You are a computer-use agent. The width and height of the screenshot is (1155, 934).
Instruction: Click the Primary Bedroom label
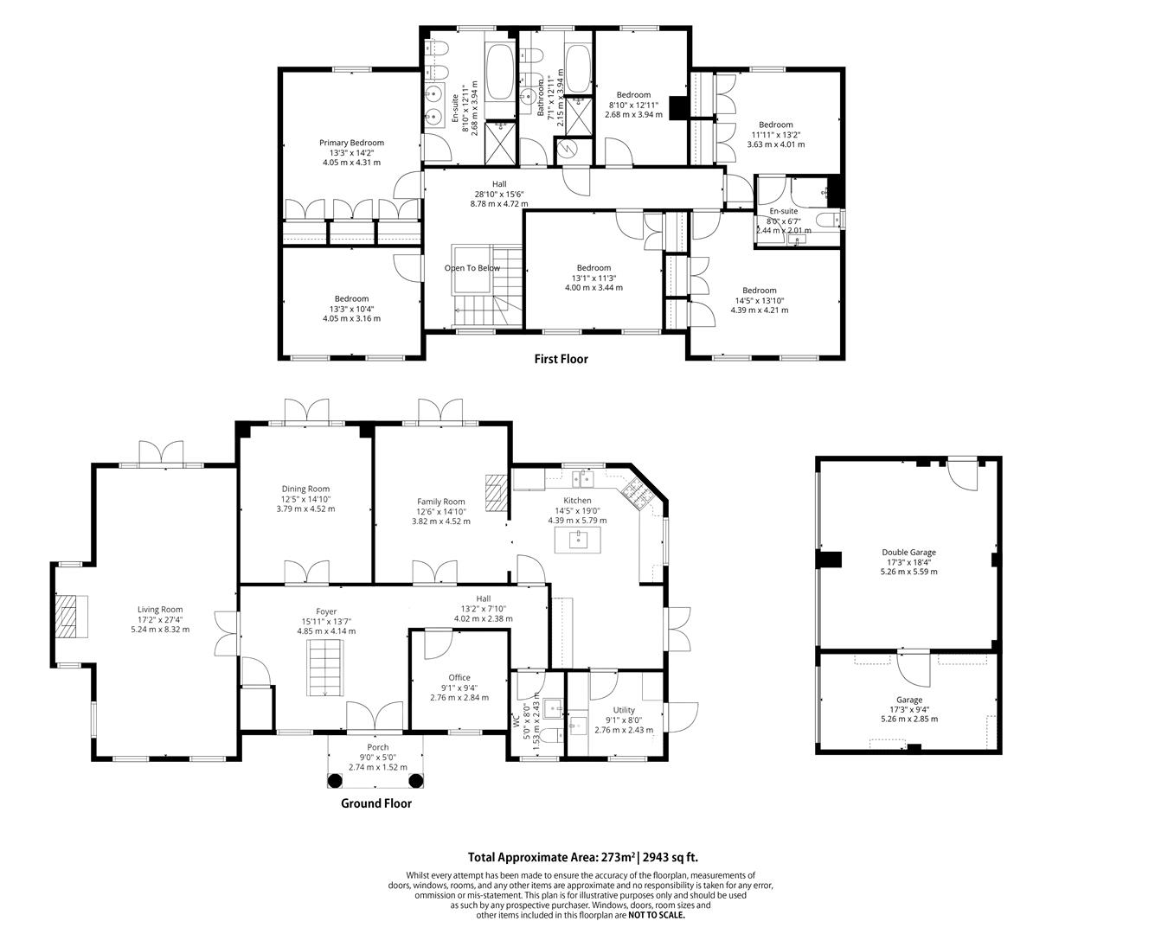point(351,143)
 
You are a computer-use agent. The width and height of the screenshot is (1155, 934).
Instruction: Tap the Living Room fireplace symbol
point(67,615)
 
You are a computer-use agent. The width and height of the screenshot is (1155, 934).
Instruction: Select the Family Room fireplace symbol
point(495,494)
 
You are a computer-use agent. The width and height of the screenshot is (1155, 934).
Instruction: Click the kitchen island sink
point(577,541)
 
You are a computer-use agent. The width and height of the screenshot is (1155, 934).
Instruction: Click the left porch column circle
point(335,782)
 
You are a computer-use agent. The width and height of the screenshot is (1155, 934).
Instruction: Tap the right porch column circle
point(416,782)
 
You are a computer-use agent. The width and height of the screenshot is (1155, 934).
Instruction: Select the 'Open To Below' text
point(472,268)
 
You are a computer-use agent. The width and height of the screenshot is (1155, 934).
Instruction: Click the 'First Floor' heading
point(561,359)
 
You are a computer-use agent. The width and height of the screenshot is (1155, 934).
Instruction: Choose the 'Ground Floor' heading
point(375,803)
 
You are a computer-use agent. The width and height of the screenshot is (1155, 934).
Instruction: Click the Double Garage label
point(908,552)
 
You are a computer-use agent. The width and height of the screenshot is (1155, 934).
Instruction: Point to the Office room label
point(459,678)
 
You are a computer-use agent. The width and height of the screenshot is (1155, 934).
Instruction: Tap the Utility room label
point(624,710)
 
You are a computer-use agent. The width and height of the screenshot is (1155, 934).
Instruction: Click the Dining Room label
point(305,489)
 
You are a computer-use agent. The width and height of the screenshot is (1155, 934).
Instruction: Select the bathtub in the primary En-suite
point(500,74)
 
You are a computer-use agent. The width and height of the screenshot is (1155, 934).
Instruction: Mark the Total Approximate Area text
point(583,858)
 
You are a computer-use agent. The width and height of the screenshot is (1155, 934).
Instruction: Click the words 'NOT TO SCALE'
point(656,914)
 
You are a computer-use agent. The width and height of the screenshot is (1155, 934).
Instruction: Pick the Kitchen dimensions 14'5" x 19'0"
point(577,510)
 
